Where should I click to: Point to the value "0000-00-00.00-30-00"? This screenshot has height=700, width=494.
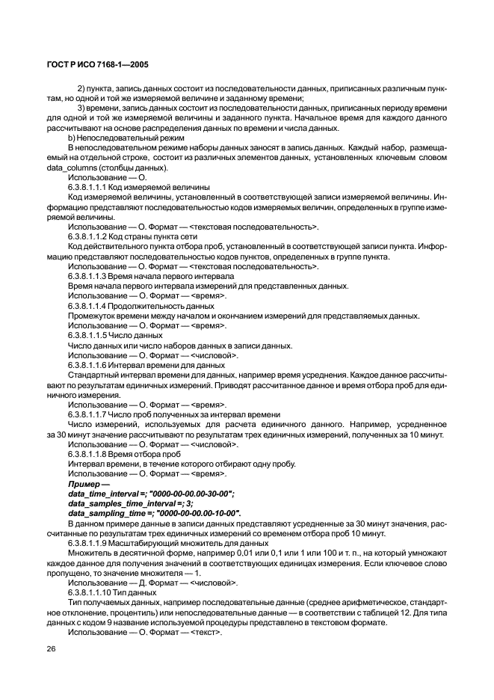(x=186, y=494)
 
